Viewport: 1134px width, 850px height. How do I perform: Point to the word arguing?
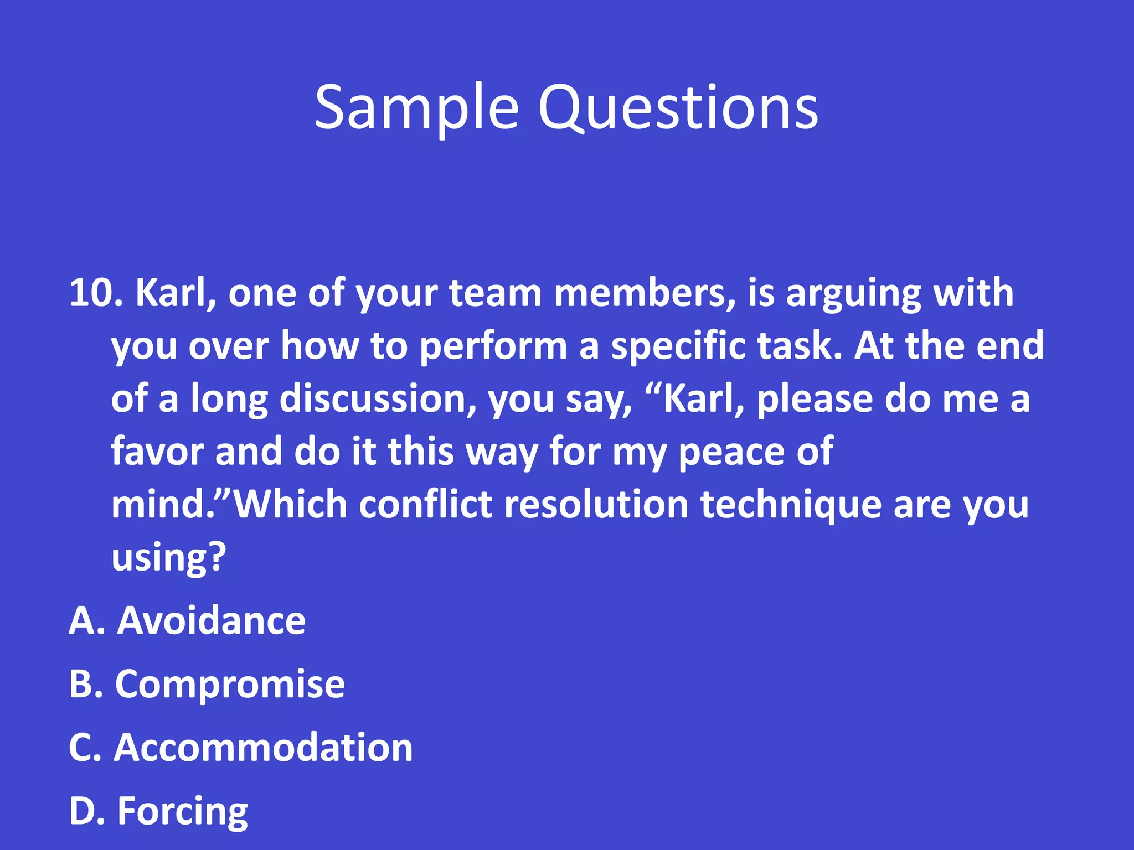click(x=853, y=293)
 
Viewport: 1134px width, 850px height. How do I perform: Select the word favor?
click(x=157, y=451)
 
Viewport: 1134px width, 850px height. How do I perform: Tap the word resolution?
click(x=596, y=504)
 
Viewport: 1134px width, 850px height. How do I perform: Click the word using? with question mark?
click(x=169, y=557)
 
